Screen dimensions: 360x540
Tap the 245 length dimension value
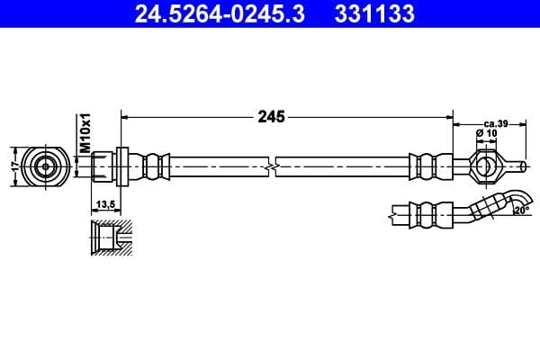tap(271, 116)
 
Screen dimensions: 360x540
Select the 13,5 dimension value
tap(104, 205)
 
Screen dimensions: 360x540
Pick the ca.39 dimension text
tap(496, 122)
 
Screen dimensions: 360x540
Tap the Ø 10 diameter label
tap(486, 133)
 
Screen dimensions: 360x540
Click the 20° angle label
tap(522, 211)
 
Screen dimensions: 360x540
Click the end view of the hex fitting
tap(44, 166)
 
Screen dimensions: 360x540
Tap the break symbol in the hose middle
tap(271, 166)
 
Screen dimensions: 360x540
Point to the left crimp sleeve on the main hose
tap(156, 166)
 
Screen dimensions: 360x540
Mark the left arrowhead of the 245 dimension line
tap(125, 116)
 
